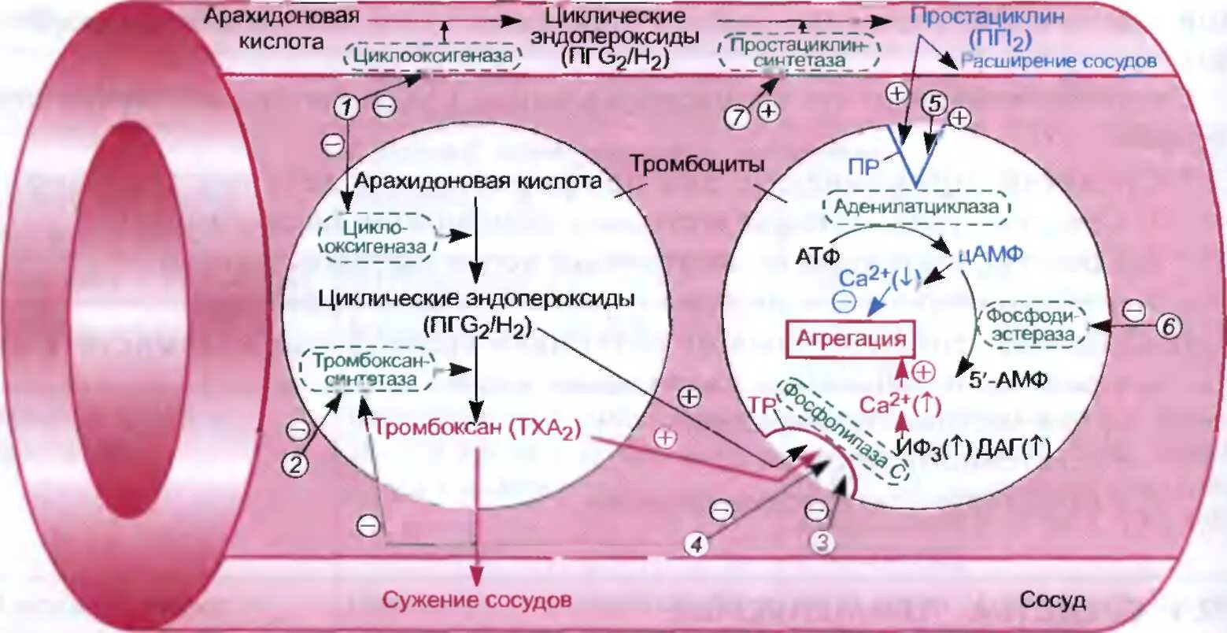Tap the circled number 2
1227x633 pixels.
(x=296, y=464)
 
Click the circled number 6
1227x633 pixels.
(x=1169, y=326)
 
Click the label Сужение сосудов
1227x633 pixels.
(x=476, y=600)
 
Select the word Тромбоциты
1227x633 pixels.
(x=697, y=165)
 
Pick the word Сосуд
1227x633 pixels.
(x=1053, y=600)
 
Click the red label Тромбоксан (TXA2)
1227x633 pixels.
(x=477, y=429)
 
